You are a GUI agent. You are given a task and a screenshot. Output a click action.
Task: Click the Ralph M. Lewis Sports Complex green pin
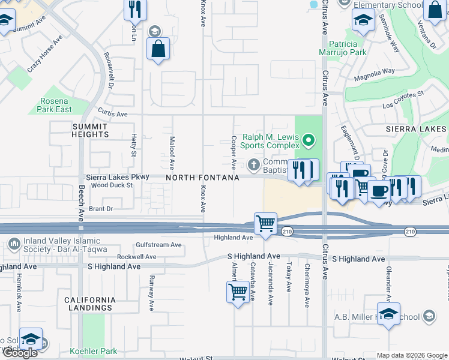[309, 141]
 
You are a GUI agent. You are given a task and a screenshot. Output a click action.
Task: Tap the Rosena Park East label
[55, 105]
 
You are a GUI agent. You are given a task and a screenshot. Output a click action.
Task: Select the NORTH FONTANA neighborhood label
[202, 178]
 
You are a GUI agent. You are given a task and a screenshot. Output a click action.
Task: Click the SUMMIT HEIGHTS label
[90, 130]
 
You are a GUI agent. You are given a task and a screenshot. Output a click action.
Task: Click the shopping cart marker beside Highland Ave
[265, 224]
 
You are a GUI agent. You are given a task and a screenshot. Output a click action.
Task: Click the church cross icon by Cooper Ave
[254, 164]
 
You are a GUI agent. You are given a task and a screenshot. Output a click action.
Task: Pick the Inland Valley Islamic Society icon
[14, 244]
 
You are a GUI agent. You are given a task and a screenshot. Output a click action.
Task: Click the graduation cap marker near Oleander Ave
[388, 314]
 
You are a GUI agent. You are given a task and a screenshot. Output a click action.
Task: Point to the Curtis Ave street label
[113, 113]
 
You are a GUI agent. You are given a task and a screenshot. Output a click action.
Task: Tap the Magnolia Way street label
[374, 73]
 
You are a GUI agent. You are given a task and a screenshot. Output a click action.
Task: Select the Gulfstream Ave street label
[158, 245]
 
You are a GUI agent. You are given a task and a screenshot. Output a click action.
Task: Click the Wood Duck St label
[112, 185]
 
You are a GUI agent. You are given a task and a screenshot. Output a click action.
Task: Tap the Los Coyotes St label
[404, 99]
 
